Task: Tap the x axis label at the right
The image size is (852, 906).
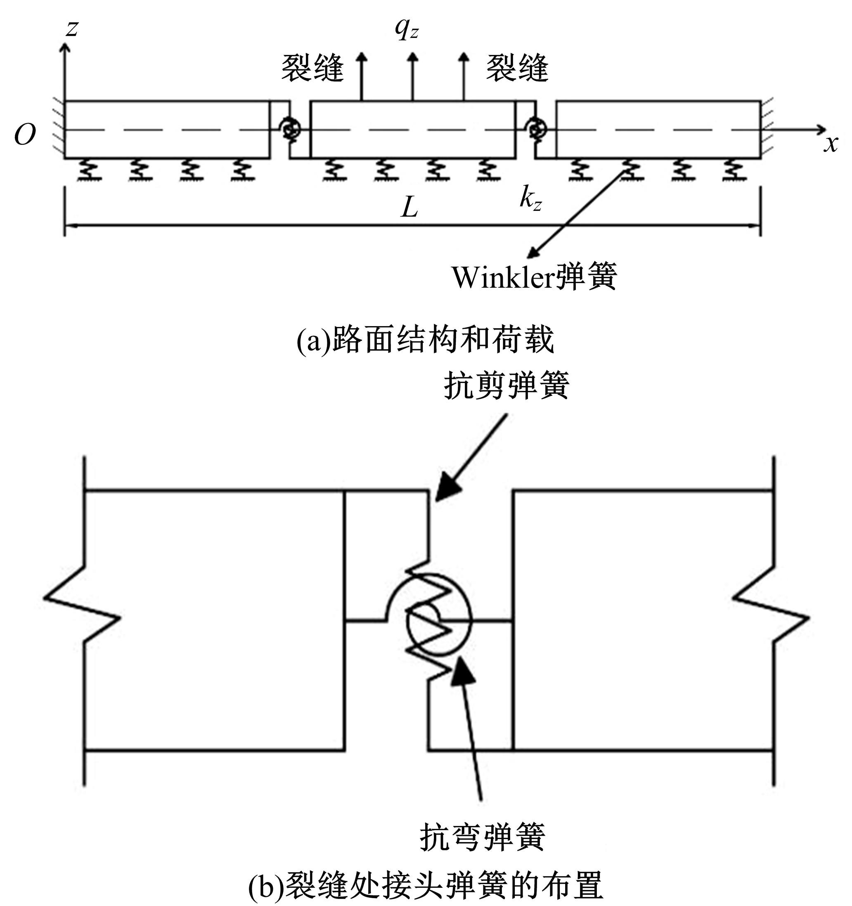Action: pyautogui.click(x=831, y=144)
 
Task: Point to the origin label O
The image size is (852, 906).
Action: pyautogui.click(x=25, y=135)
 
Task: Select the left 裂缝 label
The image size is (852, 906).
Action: pyautogui.click(x=312, y=69)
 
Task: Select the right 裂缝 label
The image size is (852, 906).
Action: pyautogui.click(x=517, y=69)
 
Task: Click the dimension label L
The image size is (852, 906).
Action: pyautogui.click(x=409, y=208)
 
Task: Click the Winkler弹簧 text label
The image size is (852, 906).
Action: pyautogui.click(x=534, y=277)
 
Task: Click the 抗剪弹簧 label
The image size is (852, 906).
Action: pyautogui.click(x=506, y=386)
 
